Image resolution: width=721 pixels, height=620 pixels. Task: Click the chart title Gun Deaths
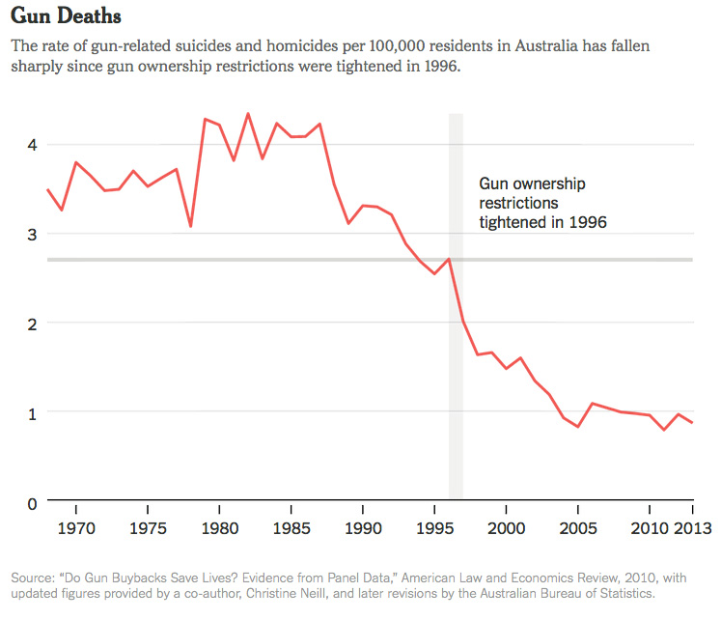[x=66, y=17]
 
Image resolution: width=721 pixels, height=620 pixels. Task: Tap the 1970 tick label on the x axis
[x=75, y=528]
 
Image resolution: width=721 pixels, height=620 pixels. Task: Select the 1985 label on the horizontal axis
[x=291, y=528]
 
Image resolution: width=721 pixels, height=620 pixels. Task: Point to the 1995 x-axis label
[x=434, y=528]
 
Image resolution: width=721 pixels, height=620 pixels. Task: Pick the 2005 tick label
[x=577, y=528]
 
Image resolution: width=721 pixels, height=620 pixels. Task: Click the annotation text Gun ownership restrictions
[x=532, y=193]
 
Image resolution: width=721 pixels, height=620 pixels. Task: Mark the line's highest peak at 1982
[x=248, y=114]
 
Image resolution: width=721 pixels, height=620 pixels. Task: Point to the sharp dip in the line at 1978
[x=191, y=226]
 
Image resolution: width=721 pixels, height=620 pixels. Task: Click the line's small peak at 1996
[x=449, y=259]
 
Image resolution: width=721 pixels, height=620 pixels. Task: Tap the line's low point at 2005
[x=577, y=426]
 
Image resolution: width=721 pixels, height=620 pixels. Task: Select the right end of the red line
[x=691, y=423]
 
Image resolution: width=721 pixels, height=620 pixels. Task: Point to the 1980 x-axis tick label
[x=220, y=528]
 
